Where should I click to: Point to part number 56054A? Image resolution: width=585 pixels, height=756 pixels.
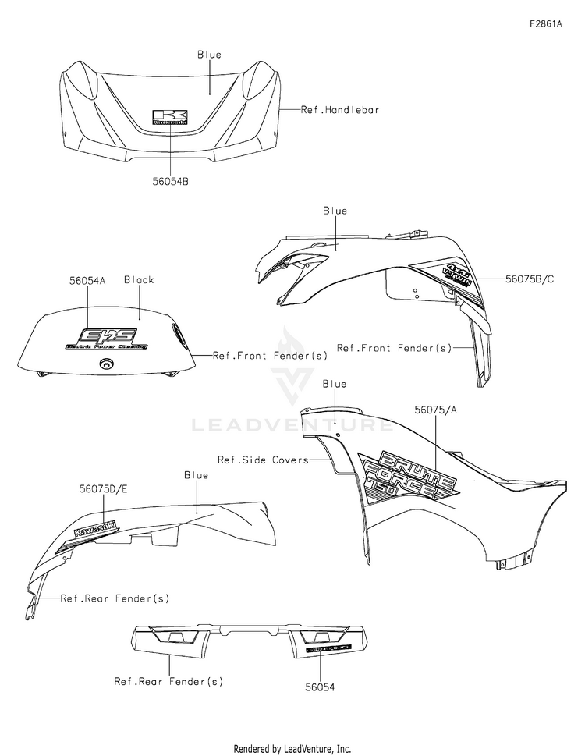pyautogui.click(x=87, y=279)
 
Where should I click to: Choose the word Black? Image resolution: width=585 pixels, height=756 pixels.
pyautogui.click(x=139, y=279)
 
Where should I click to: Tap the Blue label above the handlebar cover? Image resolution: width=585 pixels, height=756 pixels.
pyautogui.click(x=209, y=55)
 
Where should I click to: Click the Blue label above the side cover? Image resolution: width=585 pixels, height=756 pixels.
pyautogui.click(x=334, y=384)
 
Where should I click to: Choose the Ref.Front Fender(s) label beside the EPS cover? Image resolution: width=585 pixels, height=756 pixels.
pyautogui.click(x=270, y=355)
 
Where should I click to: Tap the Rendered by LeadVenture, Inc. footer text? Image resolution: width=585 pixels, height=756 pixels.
pyautogui.click(x=292, y=748)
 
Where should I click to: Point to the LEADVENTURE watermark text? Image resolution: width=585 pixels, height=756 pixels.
pyautogui.click(x=293, y=424)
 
